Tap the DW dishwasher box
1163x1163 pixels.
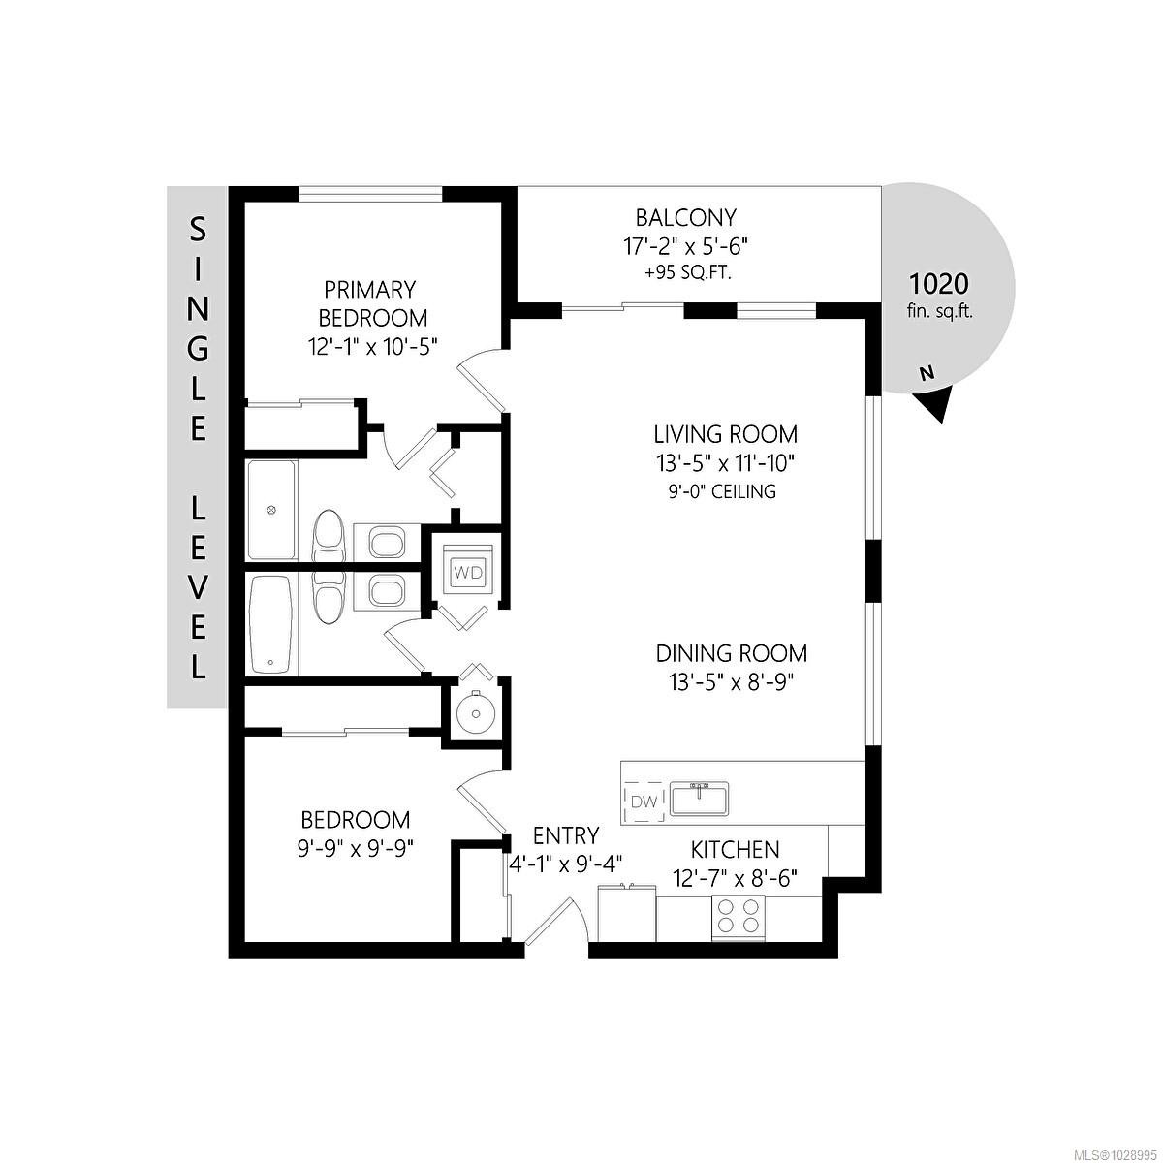[644, 802]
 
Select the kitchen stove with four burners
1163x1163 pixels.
[739, 918]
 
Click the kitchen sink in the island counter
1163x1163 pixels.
[700, 799]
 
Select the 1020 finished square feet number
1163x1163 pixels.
[938, 283]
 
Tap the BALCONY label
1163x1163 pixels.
[685, 217]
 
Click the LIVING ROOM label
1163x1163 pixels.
[726, 434]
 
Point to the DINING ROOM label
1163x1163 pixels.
[731, 653]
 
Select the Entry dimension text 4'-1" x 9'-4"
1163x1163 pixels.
[565, 864]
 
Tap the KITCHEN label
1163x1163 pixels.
[735, 849]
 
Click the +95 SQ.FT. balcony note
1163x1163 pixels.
[688, 273]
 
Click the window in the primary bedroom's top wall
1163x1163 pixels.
[371, 193]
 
